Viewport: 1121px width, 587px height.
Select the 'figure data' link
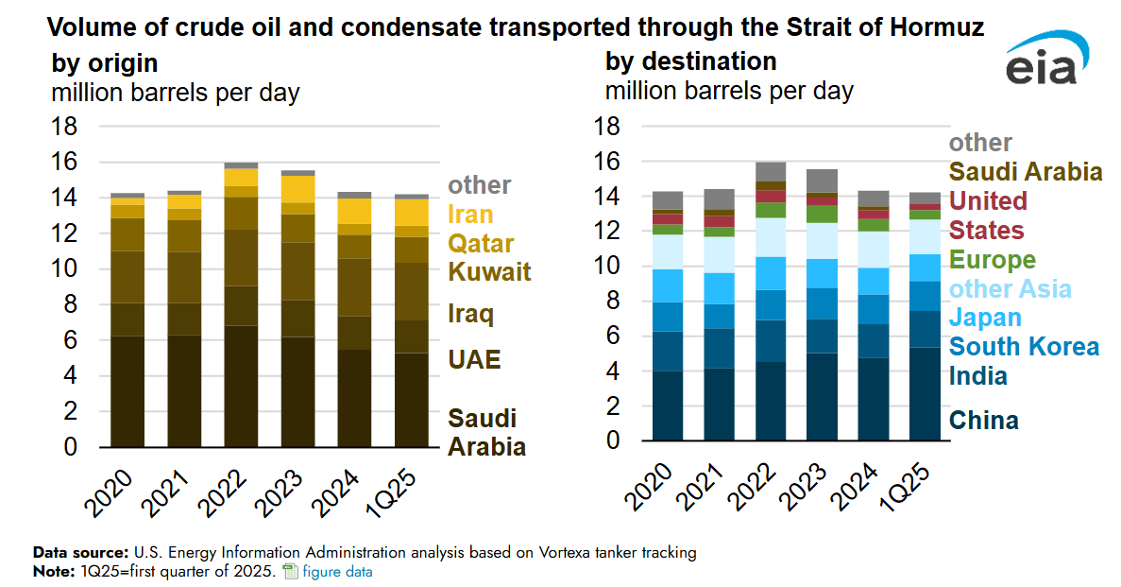coord(336,571)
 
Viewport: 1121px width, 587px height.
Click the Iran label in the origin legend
coord(469,215)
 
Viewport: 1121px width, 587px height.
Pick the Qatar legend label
coord(481,243)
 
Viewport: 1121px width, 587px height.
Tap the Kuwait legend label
coord(489,272)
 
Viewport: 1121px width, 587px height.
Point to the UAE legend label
coord(474,359)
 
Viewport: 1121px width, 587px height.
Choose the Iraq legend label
coord(470,314)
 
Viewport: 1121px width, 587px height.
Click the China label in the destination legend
coord(983,420)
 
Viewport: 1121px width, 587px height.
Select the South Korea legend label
coord(1025,346)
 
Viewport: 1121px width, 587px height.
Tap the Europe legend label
coord(993,260)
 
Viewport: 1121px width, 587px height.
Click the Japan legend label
coord(985,318)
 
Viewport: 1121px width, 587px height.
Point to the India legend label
coord(978,376)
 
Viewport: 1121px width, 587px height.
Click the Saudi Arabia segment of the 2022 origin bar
coord(241,386)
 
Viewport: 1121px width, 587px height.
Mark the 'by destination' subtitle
coord(690,61)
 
